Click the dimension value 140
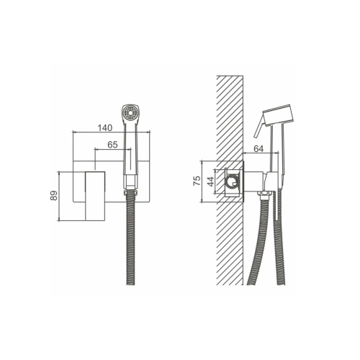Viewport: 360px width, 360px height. click(105, 127)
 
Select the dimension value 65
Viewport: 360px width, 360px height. click(112, 145)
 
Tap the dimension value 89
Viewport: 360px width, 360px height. click(54, 195)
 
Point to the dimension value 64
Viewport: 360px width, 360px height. click(258, 148)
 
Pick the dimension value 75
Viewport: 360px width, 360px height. click(197, 181)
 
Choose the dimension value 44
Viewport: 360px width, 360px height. click(210, 181)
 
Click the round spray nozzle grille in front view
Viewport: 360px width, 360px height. click(130, 112)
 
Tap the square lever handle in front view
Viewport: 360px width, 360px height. click(95, 196)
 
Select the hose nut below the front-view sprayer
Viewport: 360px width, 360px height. click(130, 192)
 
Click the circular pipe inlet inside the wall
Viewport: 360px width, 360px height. click(233, 182)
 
